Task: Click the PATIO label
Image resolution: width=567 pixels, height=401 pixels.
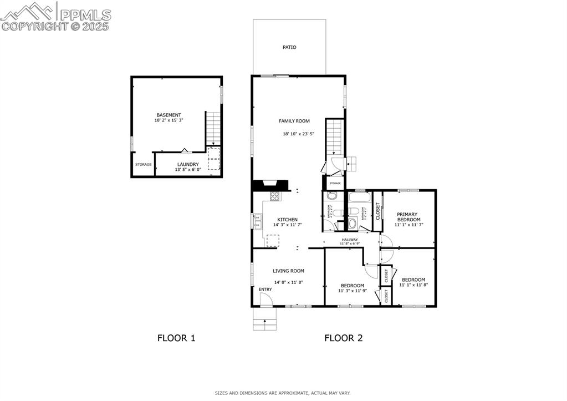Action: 289,47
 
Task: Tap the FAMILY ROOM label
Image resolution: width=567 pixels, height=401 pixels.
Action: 294,121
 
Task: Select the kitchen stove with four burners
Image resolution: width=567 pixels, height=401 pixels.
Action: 274,196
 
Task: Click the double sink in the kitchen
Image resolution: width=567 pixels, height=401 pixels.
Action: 257,224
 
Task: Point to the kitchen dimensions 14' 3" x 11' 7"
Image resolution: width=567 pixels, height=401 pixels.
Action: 288,225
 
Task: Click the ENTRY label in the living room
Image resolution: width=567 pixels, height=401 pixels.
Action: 265,290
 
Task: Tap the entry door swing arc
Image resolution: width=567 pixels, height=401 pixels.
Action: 265,300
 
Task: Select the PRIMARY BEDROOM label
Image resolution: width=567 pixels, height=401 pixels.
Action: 407,217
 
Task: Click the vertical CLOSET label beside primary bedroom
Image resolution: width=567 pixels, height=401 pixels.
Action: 378,211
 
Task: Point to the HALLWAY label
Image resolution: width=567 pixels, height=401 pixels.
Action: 349,240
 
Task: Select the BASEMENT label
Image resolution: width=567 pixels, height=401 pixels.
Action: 168,115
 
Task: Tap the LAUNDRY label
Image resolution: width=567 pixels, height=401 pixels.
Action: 188,164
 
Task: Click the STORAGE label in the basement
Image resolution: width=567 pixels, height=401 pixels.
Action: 143,165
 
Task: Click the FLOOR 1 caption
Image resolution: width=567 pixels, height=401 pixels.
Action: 176,338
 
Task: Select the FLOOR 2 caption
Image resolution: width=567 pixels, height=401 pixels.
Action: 343,338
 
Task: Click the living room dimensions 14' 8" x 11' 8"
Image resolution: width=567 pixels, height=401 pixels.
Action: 288,282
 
